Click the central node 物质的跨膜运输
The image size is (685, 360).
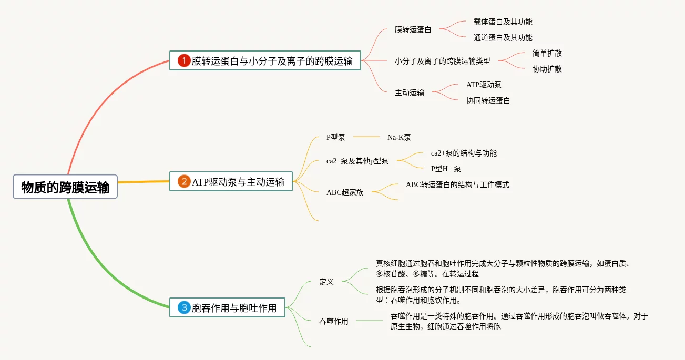[65, 187]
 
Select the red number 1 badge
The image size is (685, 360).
[183, 60]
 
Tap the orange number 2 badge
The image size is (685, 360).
[184, 182]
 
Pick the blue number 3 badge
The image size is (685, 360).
[184, 307]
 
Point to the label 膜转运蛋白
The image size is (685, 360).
[413, 29]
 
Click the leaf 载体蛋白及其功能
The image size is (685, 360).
[503, 22]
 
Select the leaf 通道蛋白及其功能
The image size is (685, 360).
[503, 37]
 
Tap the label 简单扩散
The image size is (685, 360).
[547, 53]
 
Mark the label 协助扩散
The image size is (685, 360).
[547, 69]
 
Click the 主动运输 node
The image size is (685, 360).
[410, 92]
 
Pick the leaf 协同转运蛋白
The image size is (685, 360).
[488, 100]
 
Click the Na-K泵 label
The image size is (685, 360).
[399, 137]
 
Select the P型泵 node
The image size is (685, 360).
[335, 137]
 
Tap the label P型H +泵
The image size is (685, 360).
[446, 169]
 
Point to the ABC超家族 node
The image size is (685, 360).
[345, 192]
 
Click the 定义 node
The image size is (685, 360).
[326, 282]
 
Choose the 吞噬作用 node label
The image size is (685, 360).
[334, 321]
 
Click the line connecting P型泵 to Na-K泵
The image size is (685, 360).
[366, 137]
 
